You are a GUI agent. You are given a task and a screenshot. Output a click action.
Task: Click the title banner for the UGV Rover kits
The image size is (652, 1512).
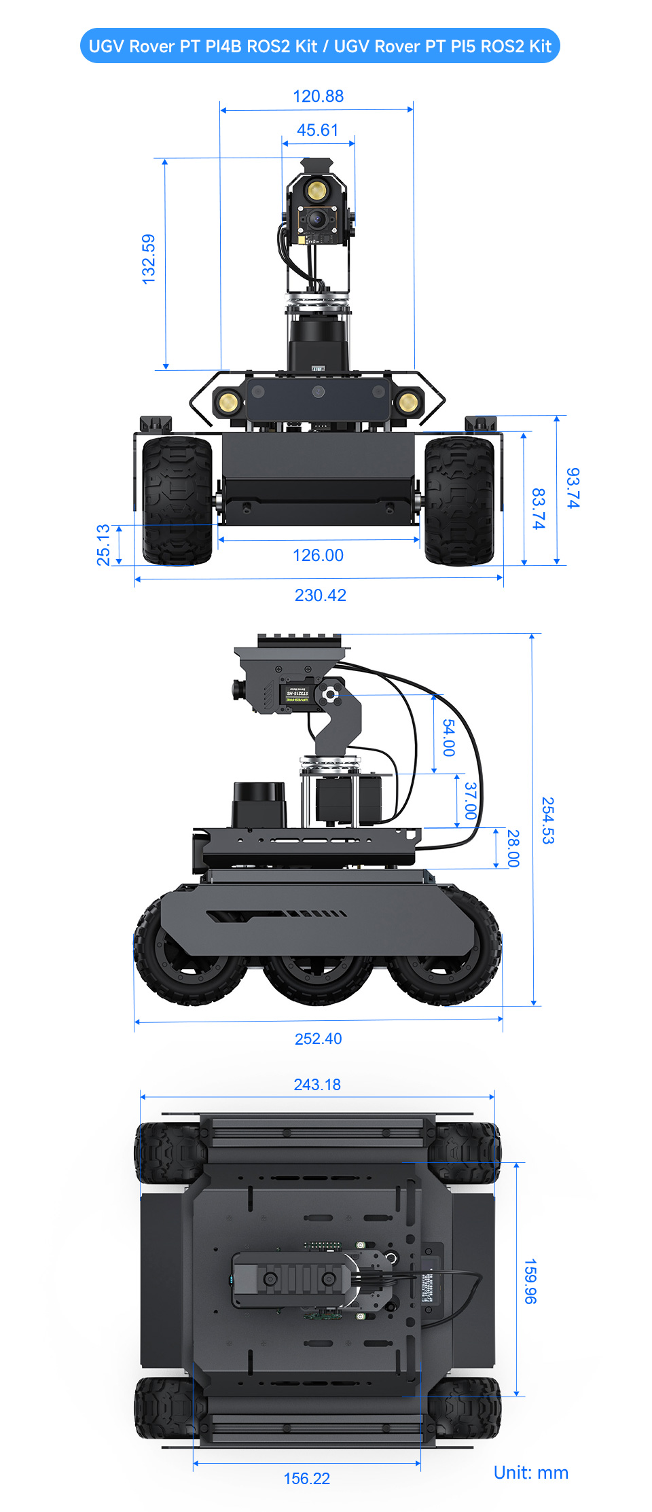point(319,46)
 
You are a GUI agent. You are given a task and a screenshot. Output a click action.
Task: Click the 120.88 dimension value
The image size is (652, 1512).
point(318,96)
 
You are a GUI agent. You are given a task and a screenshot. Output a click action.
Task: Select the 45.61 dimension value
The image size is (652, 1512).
point(317,130)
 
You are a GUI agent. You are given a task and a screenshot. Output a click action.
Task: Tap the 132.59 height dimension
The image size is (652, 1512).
point(149,259)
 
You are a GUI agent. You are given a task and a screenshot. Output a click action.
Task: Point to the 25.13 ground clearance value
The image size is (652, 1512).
point(103,545)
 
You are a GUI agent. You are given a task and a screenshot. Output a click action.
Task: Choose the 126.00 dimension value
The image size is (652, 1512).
point(318,555)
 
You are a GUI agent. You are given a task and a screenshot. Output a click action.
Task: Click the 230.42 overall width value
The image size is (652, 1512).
point(320,595)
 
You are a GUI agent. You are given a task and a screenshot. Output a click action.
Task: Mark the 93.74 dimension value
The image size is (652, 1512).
point(573,488)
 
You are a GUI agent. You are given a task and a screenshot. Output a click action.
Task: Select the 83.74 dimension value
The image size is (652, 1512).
point(538,508)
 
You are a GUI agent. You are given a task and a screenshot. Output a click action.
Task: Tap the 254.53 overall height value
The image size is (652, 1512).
point(547,820)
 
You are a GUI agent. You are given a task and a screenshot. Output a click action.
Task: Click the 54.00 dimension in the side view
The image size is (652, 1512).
point(449,737)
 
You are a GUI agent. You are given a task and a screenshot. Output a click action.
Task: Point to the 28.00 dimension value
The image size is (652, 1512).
point(513,848)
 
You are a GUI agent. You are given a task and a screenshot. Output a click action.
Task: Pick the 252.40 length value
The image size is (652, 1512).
point(318,1039)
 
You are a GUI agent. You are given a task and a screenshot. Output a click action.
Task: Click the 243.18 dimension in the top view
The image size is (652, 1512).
point(317,1084)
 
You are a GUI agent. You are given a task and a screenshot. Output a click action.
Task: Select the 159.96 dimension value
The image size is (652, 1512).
point(530,1281)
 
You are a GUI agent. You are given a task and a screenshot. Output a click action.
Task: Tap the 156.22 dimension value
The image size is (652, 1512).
point(306,1478)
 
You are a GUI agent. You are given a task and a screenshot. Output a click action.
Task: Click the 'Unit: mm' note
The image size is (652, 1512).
point(530,1472)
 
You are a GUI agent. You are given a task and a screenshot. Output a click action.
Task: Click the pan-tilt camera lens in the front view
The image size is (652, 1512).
point(316,219)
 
